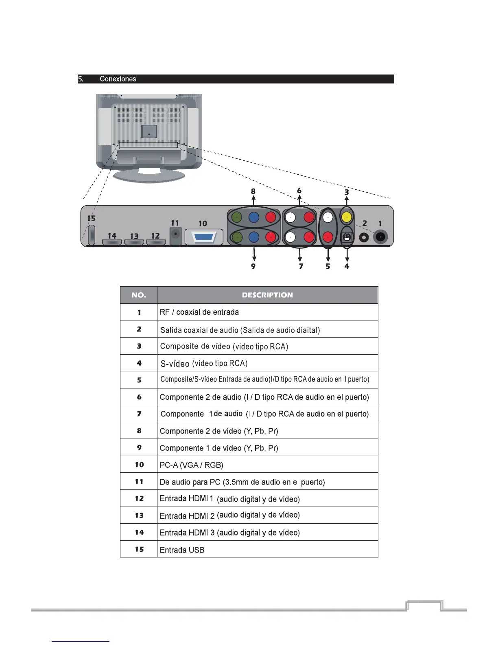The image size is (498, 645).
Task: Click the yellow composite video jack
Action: pyautogui.click(x=346, y=217)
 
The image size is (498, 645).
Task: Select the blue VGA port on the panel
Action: pyautogui.click(x=204, y=237)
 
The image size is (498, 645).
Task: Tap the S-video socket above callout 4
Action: pyautogui.click(x=346, y=237)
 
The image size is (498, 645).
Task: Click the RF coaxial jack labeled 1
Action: pyautogui.click(x=380, y=237)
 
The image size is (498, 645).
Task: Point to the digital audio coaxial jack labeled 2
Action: pyautogui.click(x=364, y=237)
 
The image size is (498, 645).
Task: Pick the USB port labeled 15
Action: pyautogui.click(x=91, y=235)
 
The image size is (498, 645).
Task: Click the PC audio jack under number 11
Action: pyautogui.click(x=175, y=235)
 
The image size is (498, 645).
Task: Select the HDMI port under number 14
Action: pyautogui.click(x=112, y=242)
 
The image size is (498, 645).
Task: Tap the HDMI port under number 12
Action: pyautogui.click(x=156, y=242)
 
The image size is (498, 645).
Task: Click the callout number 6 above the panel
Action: pyautogui.click(x=299, y=191)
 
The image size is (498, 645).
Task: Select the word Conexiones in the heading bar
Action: pyautogui.click(x=118, y=79)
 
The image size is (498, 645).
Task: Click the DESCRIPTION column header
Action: pyautogui.click(x=267, y=295)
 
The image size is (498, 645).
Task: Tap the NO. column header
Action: pyautogui.click(x=139, y=295)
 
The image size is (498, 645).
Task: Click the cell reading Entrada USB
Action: pyautogui.click(x=182, y=550)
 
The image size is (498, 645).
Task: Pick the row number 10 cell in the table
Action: pyautogui.click(x=139, y=465)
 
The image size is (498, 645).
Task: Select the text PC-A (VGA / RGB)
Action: pyautogui.click(x=192, y=465)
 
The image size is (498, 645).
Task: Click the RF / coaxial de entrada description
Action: pyautogui.click(x=199, y=312)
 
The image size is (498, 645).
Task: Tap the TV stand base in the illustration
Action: pyautogui.click(x=149, y=176)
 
